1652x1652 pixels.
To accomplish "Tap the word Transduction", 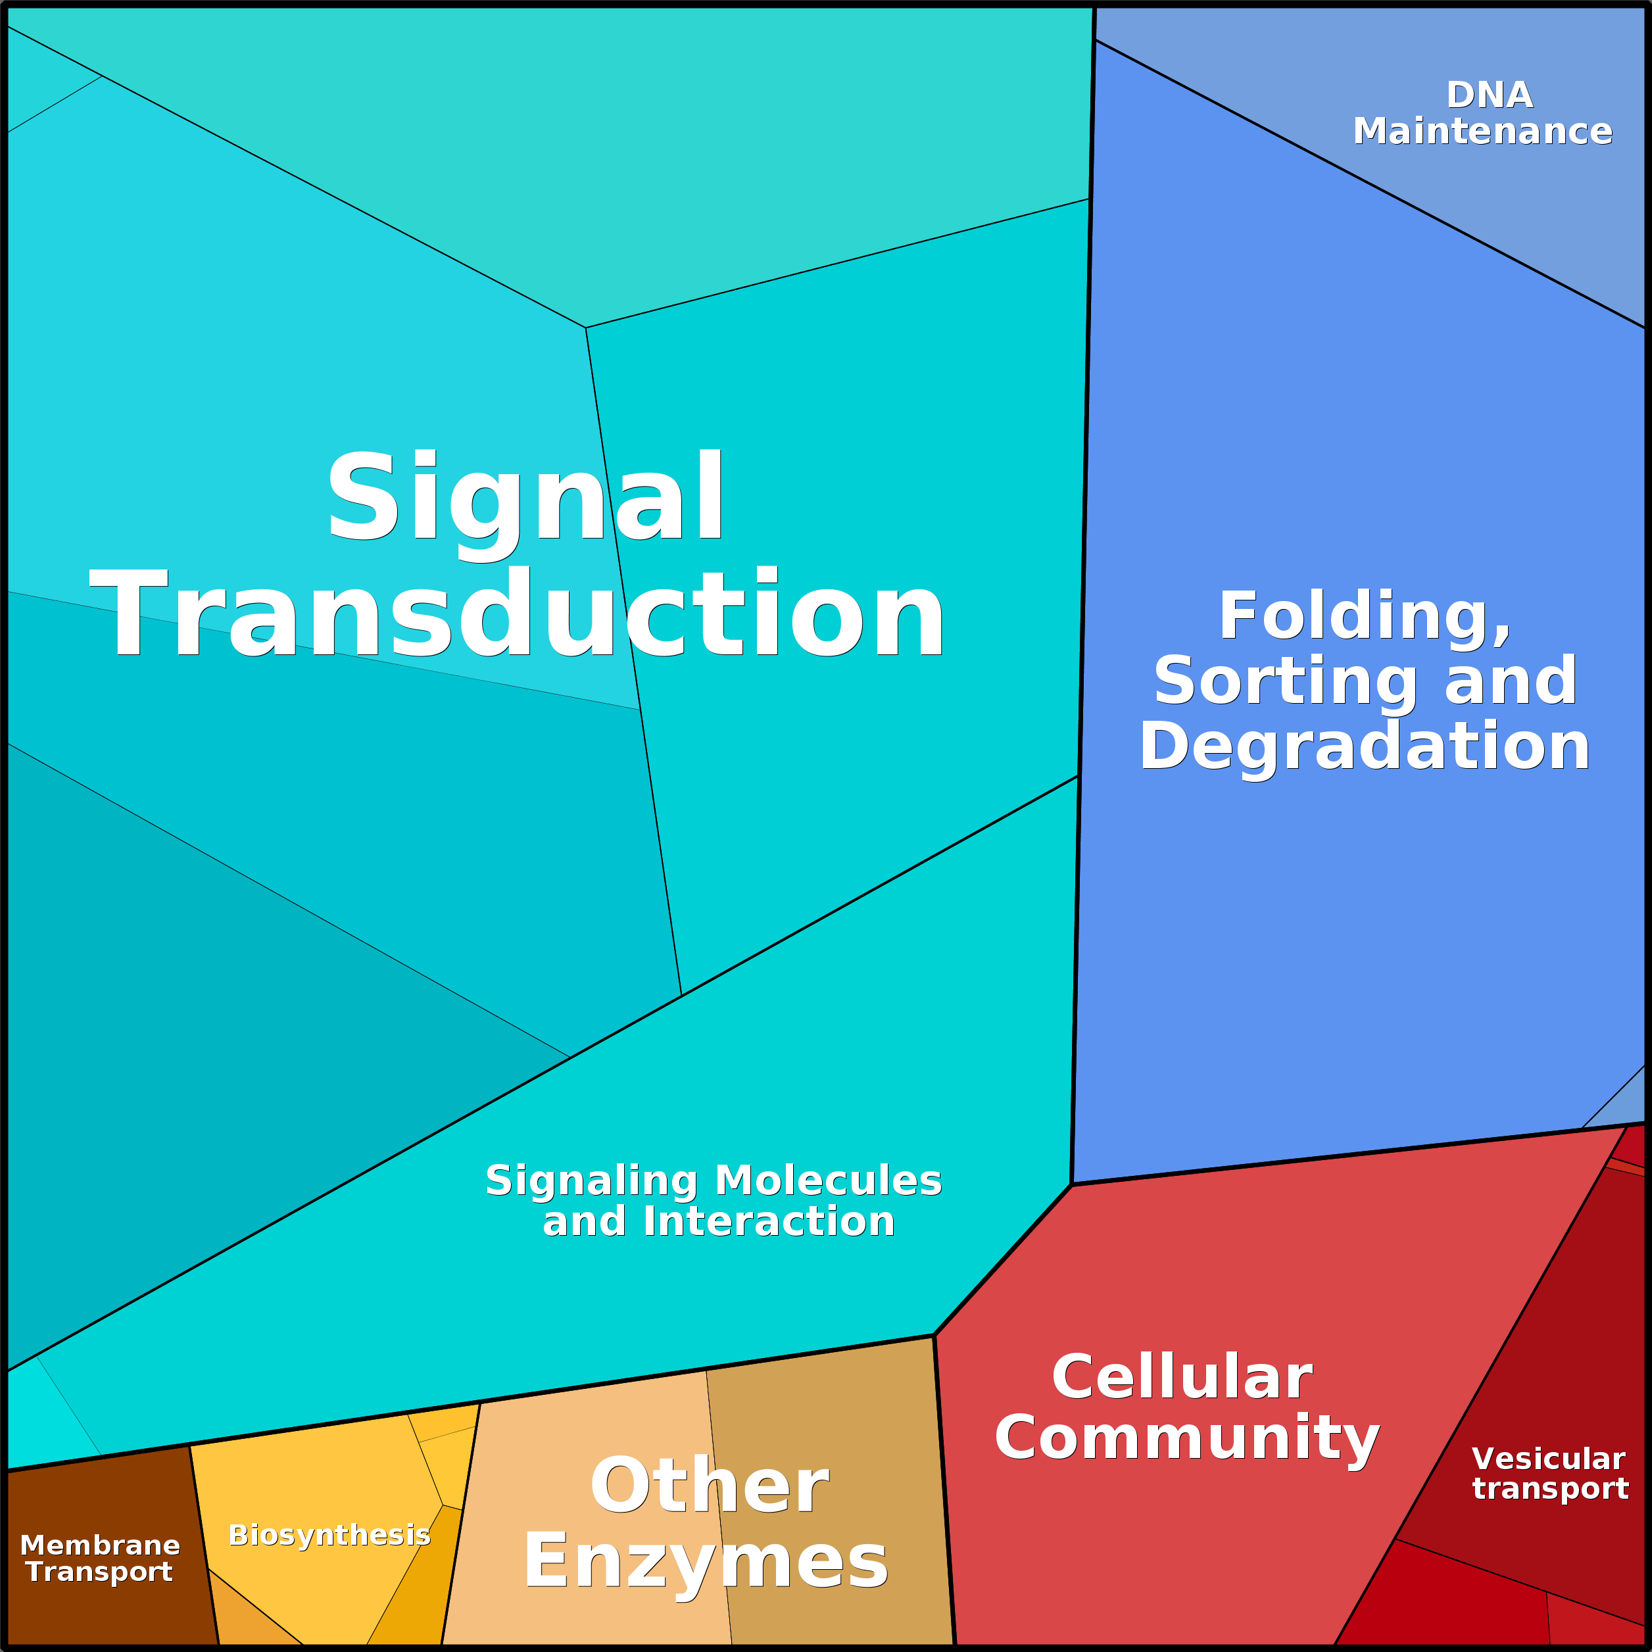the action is pyautogui.click(x=518, y=614).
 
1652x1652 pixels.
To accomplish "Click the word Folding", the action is pyautogui.click(x=1365, y=616).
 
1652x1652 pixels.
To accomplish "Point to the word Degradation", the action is pyautogui.click(x=1364, y=746).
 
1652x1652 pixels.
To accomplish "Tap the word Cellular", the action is pyautogui.click(x=1182, y=1376).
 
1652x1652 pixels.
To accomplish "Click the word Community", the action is pyautogui.click(x=1187, y=1438).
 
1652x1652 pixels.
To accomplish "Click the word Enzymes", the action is pyautogui.click(x=706, y=1561).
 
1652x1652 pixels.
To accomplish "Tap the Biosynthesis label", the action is pyautogui.click(x=329, y=1535).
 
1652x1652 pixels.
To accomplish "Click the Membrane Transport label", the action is pyautogui.click(x=100, y=1558).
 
